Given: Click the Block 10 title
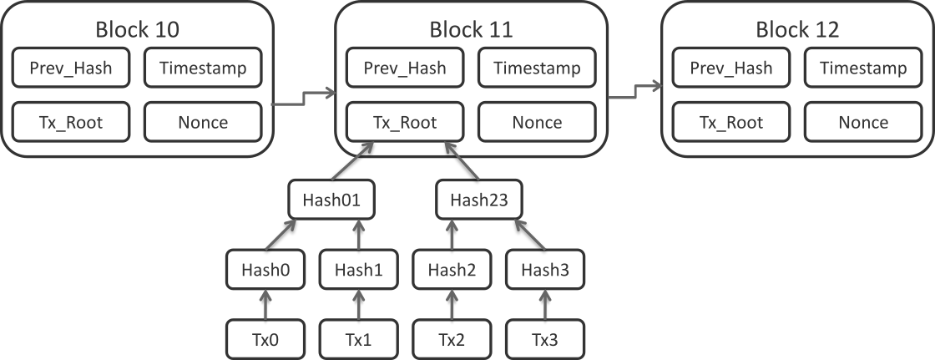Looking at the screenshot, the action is (137, 30).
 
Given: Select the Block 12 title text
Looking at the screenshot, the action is (797, 30).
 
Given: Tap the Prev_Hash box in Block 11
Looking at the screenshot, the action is (405, 68).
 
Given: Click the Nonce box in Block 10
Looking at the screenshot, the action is (203, 122).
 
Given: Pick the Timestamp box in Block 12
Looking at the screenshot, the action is (863, 68).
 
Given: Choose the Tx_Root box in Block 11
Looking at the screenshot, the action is (405, 122).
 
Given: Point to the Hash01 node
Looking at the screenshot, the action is (331, 200).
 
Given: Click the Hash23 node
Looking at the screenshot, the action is (479, 200).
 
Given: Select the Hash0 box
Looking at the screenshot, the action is (265, 269).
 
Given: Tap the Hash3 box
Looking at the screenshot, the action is (545, 269).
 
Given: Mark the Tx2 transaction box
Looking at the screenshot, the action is (452, 339).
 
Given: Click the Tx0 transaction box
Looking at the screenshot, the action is (265, 339).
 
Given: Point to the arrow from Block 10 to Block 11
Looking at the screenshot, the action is (304, 99).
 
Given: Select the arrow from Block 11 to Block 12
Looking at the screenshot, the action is (635, 91).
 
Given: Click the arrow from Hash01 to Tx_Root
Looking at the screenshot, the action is (352, 160).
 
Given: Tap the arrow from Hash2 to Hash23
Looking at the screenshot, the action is (452, 234).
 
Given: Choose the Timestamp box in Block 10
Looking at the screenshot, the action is (203, 68).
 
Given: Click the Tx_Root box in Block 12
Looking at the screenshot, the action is (731, 122).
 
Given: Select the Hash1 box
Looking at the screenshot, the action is (358, 269).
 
